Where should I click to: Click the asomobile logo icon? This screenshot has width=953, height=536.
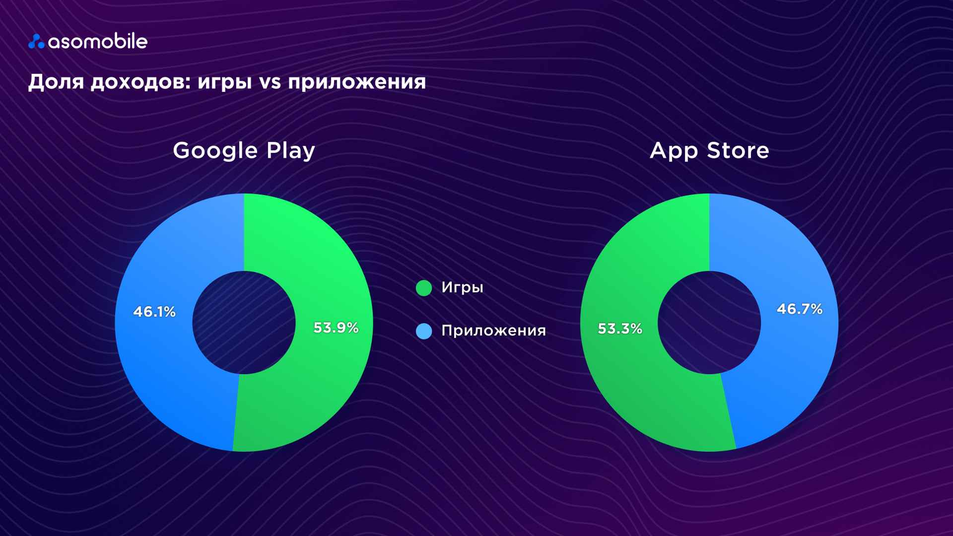pos(36,42)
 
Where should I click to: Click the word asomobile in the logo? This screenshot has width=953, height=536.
pos(98,42)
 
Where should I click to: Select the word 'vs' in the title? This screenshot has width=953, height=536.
pos(270,82)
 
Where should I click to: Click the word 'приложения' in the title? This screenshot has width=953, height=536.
pos(357,82)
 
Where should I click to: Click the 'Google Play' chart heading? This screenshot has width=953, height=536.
pos(244,150)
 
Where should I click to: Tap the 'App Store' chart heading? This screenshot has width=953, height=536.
pos(709,150)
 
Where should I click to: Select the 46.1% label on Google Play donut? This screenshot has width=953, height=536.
pos(154,312)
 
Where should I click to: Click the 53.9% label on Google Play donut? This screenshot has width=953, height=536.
pos(336,328)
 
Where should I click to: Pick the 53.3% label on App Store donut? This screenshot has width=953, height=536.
pos(620,329)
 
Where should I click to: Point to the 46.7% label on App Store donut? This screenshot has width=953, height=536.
pos(800,309)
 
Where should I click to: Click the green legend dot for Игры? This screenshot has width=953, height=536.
pos(424,288)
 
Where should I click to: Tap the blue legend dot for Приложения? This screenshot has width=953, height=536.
pos(424,331)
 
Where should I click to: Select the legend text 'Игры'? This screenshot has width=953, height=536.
pos(462,288)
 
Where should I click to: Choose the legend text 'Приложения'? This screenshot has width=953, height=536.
pos(493,331)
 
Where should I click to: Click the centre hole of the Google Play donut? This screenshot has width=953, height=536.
pos(244,323)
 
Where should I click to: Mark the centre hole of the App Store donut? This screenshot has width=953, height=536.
pos(709,323)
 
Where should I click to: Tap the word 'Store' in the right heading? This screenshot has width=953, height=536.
pos(738,150)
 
